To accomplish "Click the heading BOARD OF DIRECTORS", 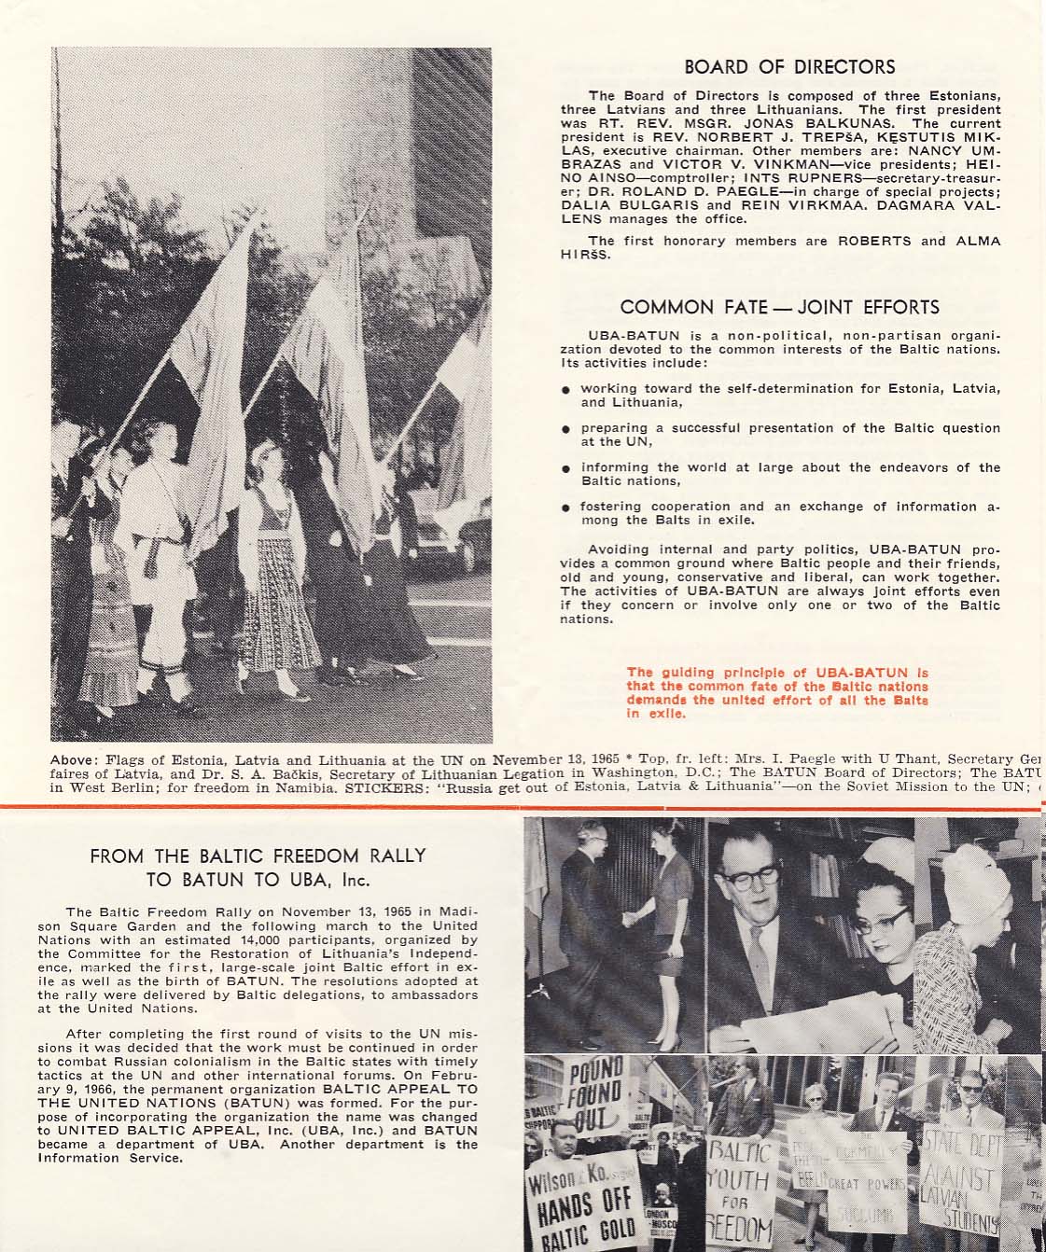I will coord(789,67).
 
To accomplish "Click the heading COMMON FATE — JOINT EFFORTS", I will coord(779,307).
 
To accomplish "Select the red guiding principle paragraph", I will coord(777,693).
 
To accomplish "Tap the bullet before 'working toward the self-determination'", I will coord(566,390).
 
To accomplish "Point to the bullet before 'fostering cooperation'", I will coord(566,508).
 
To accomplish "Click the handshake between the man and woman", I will coord(629,919).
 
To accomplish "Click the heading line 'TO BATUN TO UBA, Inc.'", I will coord(258,879).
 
